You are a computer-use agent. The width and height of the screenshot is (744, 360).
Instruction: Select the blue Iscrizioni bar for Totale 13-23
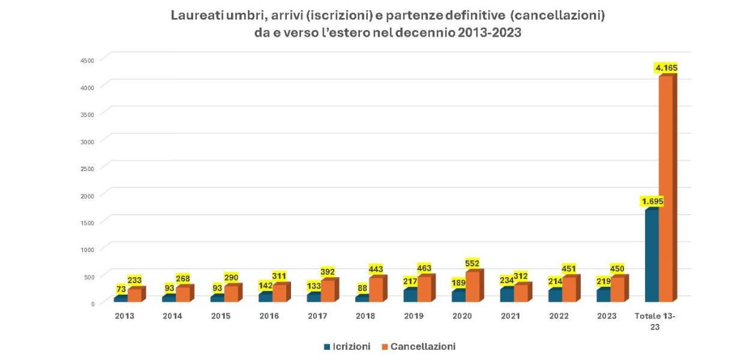point(651,255)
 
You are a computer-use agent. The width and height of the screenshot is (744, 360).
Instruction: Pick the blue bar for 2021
point(506,295)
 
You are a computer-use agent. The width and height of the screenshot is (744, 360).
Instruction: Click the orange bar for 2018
point(376,289)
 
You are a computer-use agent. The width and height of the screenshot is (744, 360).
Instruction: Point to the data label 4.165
point(666,68)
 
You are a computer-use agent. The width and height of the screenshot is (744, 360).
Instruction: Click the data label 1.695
point(652,201)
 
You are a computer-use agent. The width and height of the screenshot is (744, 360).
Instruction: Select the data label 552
point(472,263)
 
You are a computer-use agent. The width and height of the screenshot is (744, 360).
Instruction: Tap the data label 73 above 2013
point(122,289)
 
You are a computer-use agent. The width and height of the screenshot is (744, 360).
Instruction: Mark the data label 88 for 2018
point(362,288)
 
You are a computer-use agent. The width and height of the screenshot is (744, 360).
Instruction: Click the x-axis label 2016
point(269,316)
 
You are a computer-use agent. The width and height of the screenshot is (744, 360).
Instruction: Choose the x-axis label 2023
point(607,316)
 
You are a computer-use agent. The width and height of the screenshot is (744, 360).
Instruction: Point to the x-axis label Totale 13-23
point(655,320)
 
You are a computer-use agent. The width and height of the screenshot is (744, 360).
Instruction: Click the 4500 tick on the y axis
point(88,60)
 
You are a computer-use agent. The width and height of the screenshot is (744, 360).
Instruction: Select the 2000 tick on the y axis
point(88,195)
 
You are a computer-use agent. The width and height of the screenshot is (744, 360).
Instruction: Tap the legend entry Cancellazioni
point(422,346)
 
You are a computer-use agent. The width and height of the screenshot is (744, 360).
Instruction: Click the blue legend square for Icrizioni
point(327,347)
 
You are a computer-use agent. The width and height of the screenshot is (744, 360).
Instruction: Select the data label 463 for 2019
point(424,268)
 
